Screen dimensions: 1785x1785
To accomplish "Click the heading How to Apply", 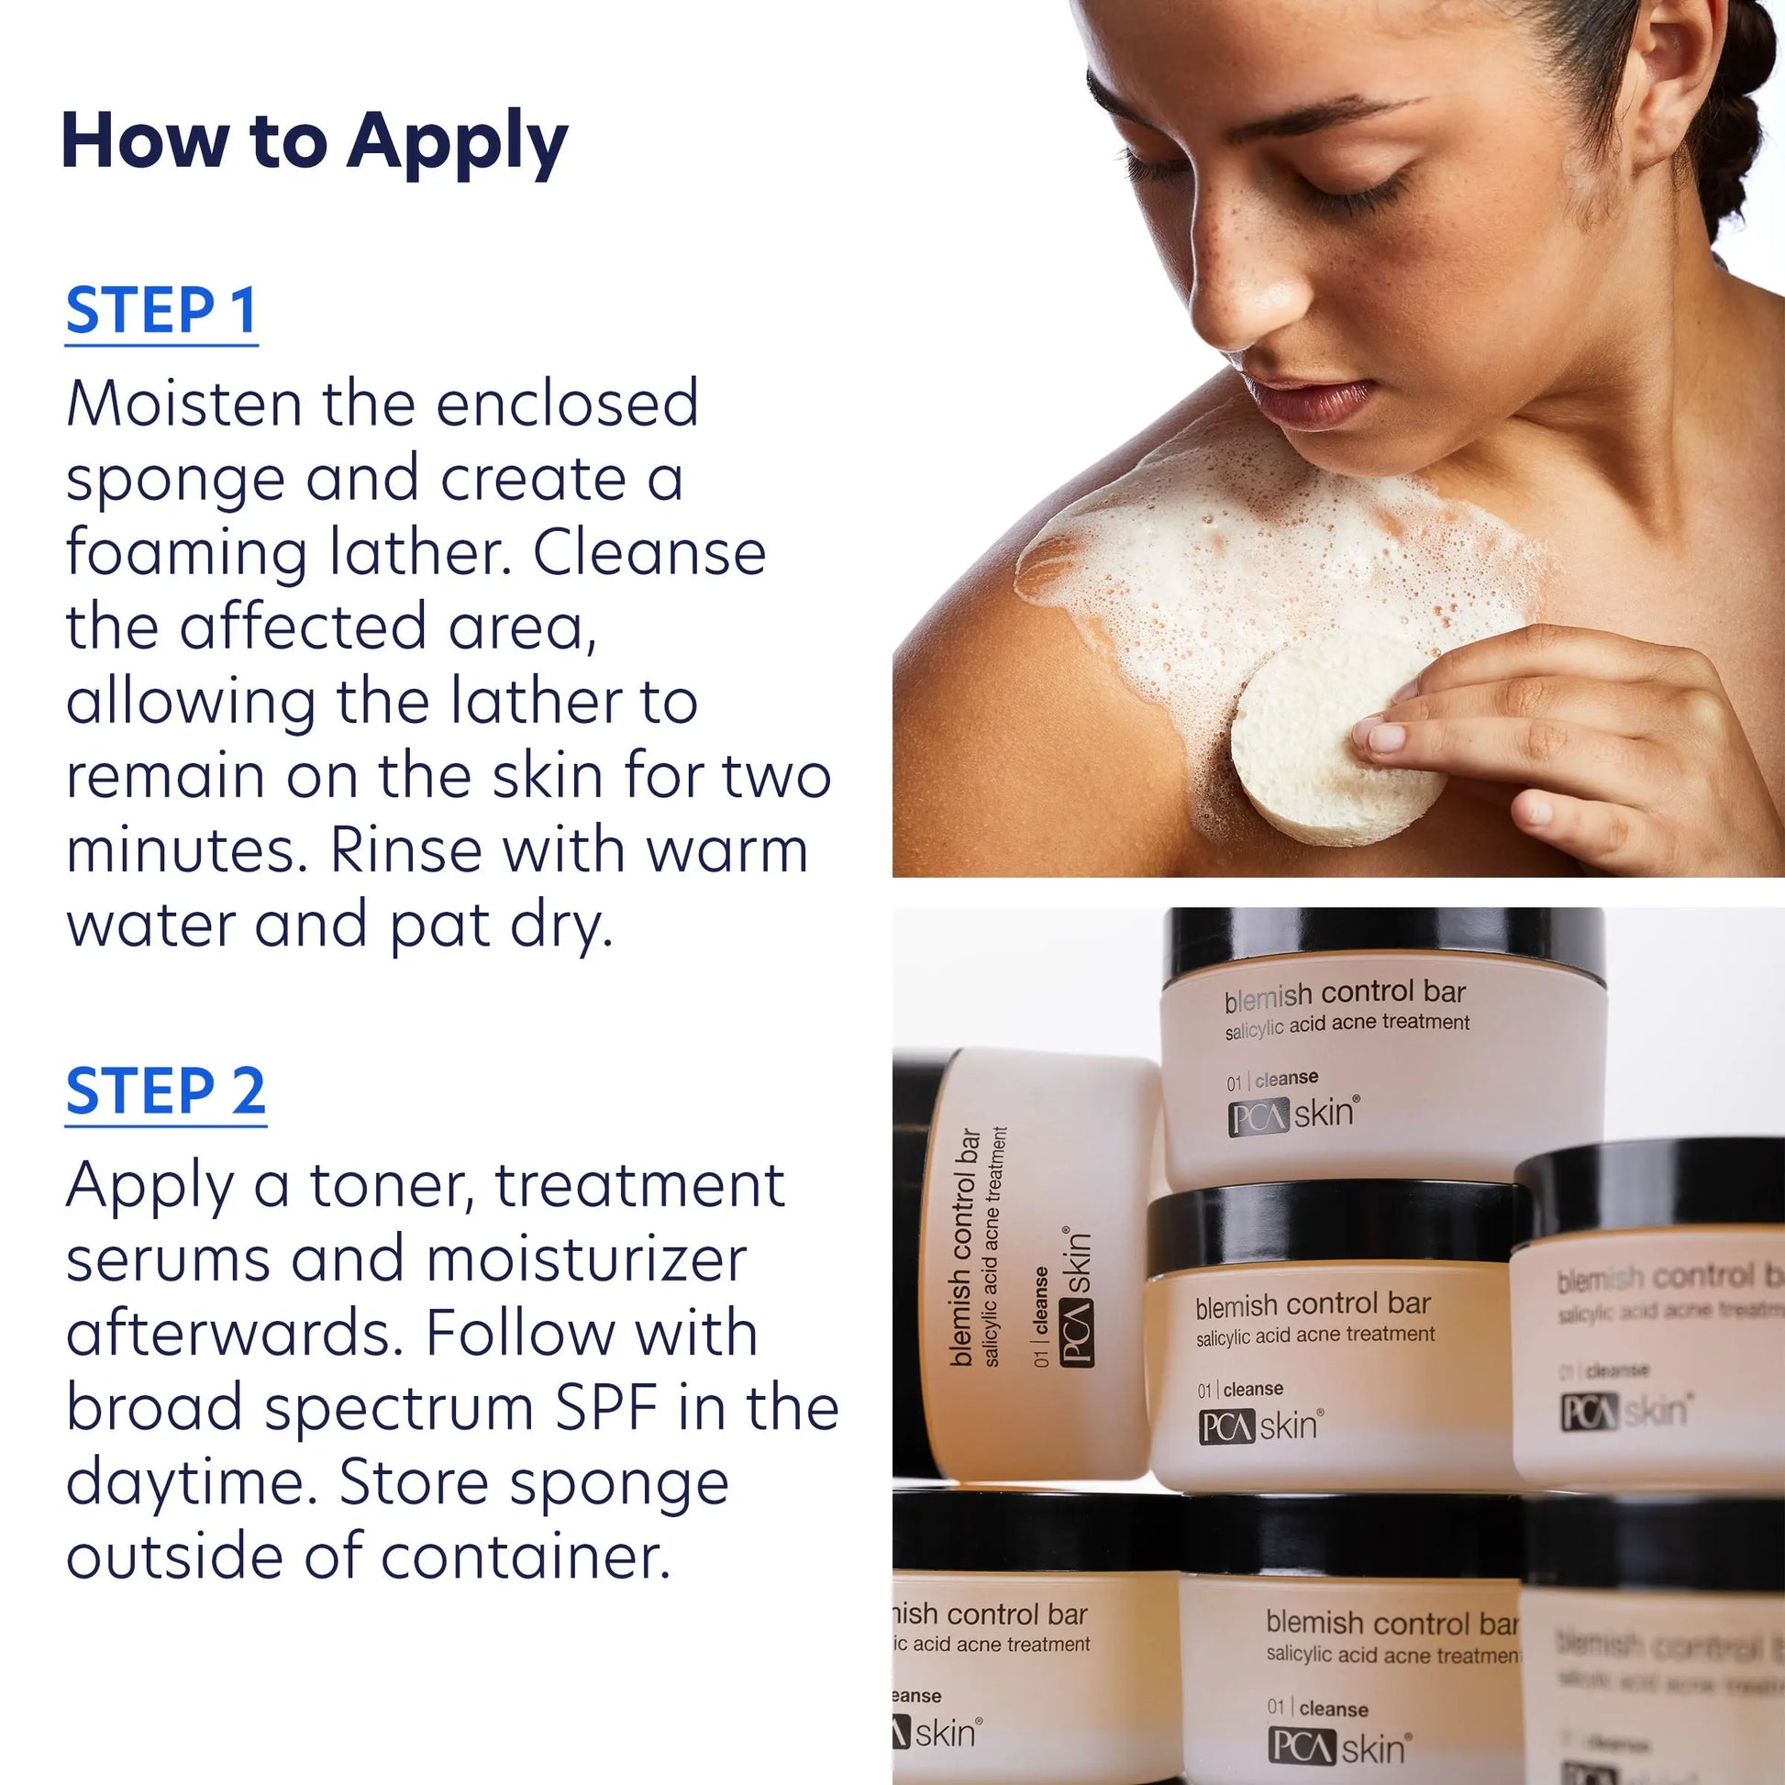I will pyautogui.click(x=314, y=141).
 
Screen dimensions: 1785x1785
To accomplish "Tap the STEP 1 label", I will pyautogui.click(x=161, y=310).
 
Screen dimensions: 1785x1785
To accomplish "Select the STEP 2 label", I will pyautogui.click(x=165, y=1092).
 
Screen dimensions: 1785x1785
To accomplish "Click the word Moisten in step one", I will pyautogui.click(x=184, y=404).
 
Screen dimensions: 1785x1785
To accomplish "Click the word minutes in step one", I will pyautogui.click(x=185, y=850).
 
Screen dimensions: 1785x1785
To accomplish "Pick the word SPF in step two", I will pyautogui.click(x=606, y=1408).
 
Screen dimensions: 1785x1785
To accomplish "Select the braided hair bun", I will pyautogui.click(x=1737, y=129).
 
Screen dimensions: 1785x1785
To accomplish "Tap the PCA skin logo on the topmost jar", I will pyautogui.click(x=1292, y=1114).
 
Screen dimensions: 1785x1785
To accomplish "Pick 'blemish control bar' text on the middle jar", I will pyautogui.click(x=1313, y=1305).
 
